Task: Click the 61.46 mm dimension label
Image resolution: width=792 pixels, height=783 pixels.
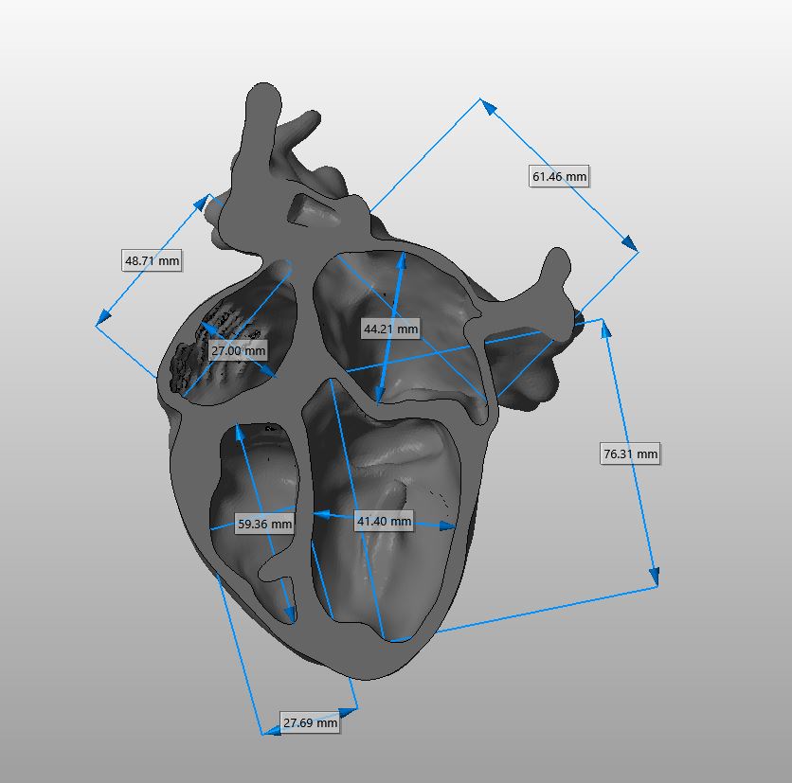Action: [559, 176]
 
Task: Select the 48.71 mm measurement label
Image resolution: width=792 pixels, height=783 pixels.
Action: [152, 260]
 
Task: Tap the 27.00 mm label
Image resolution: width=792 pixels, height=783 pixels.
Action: [238, 350]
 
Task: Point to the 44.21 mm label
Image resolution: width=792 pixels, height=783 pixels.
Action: [391, 329]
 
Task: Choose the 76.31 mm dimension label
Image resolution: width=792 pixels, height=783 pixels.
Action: [630, 454]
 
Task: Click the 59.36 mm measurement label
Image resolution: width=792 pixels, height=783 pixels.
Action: [264, 524]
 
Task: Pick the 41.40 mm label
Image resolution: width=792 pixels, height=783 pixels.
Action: [384, 521]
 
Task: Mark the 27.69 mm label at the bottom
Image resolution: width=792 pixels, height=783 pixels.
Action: [310, 722]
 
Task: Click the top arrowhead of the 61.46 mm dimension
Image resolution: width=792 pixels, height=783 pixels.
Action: [489, 107]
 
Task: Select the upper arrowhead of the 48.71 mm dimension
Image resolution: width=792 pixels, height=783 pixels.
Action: [202, 203]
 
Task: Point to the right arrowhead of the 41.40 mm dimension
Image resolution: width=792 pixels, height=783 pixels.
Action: [447, 526]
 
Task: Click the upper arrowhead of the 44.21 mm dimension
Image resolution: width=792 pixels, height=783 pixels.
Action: [402, 261]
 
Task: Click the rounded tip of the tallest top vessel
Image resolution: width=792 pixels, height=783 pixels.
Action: [263, 93]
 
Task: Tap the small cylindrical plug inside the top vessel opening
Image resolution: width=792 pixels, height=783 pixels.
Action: [314, 212]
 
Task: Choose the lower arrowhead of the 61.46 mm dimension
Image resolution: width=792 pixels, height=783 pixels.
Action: [629, 242]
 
